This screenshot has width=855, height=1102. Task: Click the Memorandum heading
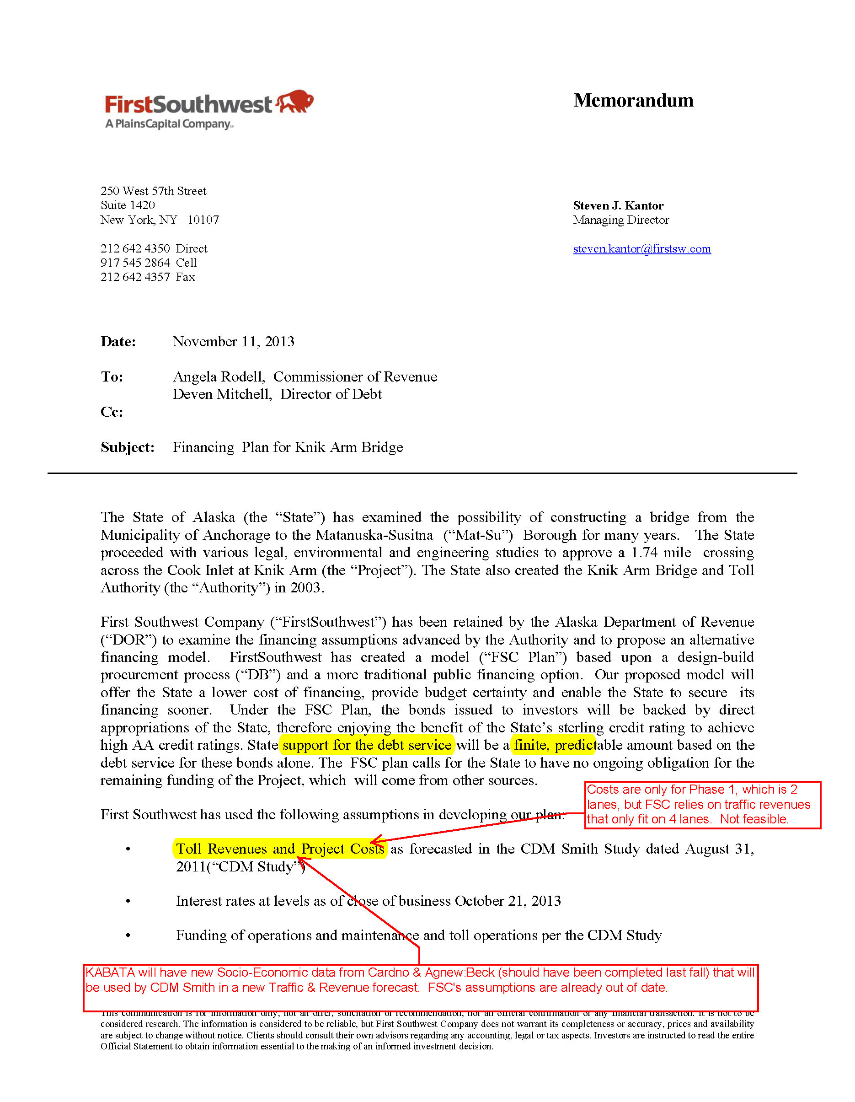633,101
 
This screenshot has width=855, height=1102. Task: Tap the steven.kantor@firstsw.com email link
641,249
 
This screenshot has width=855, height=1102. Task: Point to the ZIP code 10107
203,220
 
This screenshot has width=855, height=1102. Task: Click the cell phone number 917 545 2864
135,263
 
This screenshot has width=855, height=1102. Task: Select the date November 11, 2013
234,342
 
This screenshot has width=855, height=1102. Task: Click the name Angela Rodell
218,377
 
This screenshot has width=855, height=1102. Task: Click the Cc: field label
112,412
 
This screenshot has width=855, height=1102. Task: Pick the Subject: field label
127,447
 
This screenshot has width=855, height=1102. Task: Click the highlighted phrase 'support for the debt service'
367,745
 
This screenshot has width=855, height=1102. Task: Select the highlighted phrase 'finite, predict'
554,745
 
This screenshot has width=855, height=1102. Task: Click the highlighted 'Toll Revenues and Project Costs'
280,849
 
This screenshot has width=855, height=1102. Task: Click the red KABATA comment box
420,988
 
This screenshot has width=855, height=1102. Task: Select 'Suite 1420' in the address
128,205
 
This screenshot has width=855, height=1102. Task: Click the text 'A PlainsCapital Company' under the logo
169,124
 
